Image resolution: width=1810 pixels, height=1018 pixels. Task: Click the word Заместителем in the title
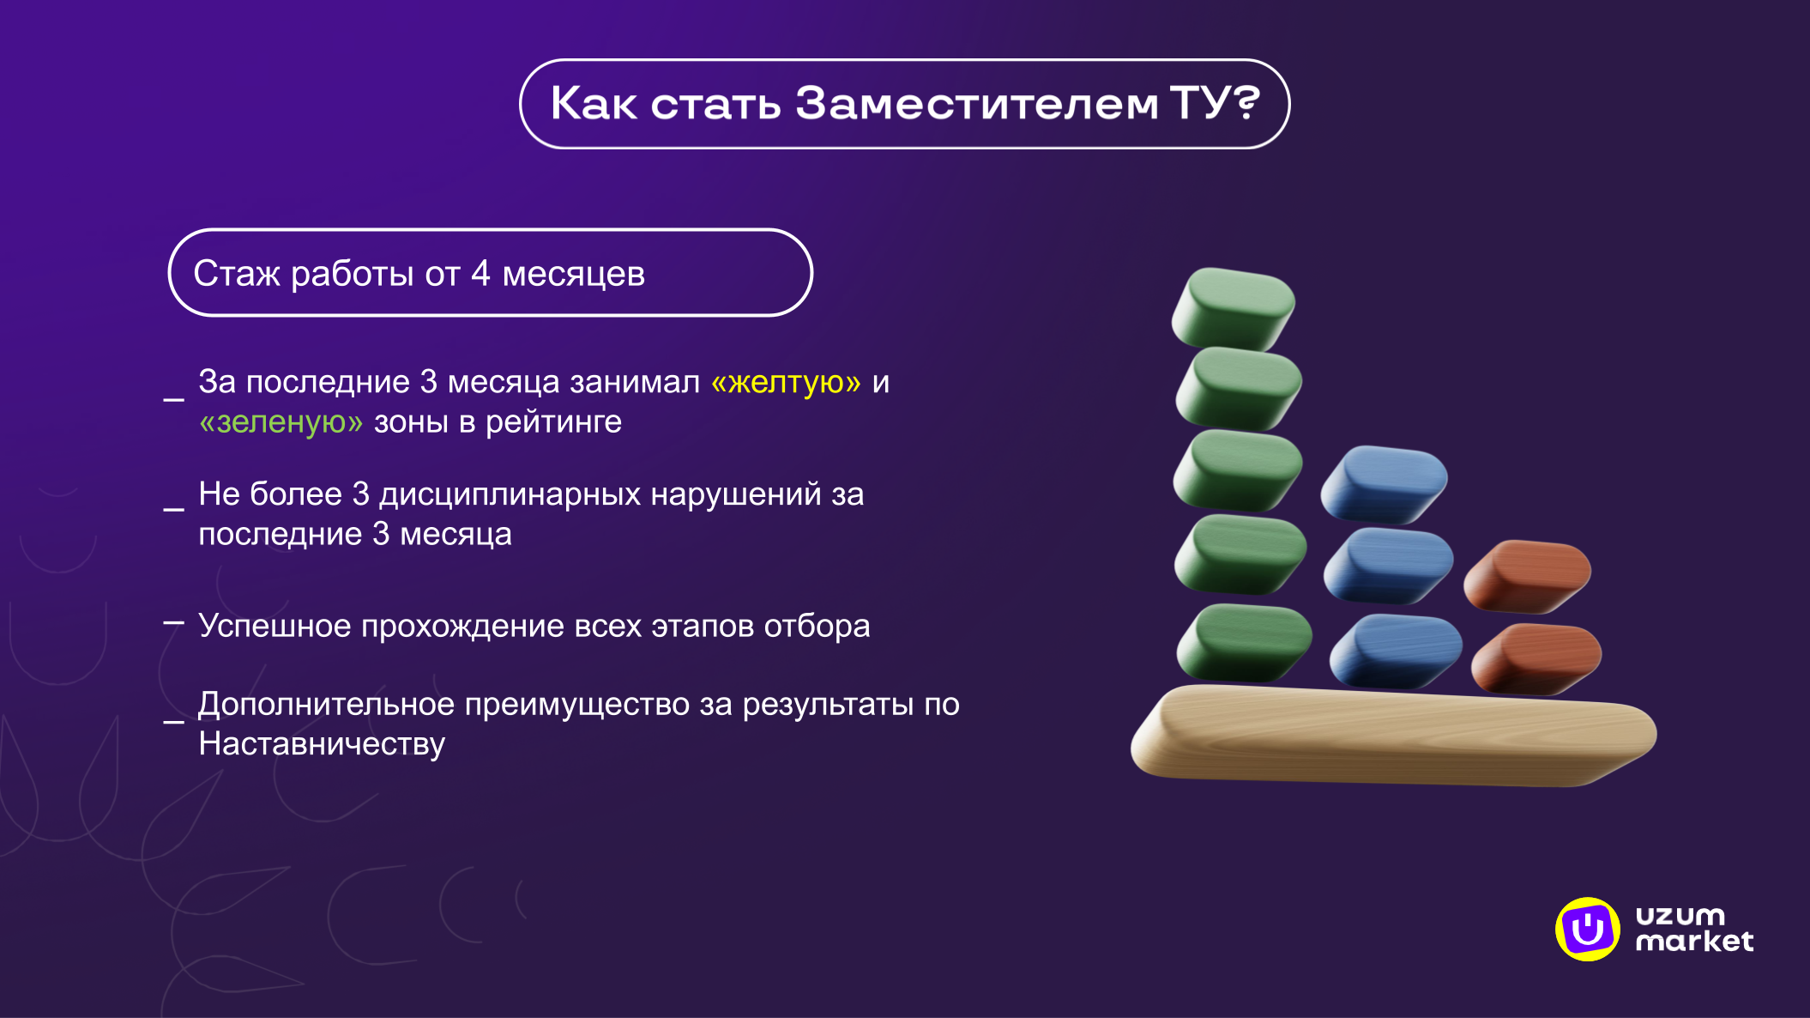[976, 104]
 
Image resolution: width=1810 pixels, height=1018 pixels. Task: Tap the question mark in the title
[1240, 104]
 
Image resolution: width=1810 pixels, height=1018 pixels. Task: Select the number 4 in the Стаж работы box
[480, 274]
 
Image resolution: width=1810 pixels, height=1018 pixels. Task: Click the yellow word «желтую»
[786, 382]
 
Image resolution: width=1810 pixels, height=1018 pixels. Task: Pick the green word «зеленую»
[281, 422]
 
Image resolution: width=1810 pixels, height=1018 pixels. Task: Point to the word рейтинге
[553, 422]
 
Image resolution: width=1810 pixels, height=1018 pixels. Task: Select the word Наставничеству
[322, 744]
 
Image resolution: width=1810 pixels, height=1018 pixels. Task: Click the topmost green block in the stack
[1234, 307]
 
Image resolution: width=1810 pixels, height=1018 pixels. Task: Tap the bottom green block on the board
[1244, 642]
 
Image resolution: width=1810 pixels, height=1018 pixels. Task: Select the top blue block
[1383, 483]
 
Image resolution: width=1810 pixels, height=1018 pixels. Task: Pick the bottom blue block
[1395, 651]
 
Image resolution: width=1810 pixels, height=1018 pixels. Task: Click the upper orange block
[1527, 575]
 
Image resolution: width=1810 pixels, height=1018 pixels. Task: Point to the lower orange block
[1535, 658]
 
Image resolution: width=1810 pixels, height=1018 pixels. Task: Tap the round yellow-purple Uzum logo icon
[1587, 929]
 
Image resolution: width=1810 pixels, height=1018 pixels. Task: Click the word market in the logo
[1694, 942]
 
